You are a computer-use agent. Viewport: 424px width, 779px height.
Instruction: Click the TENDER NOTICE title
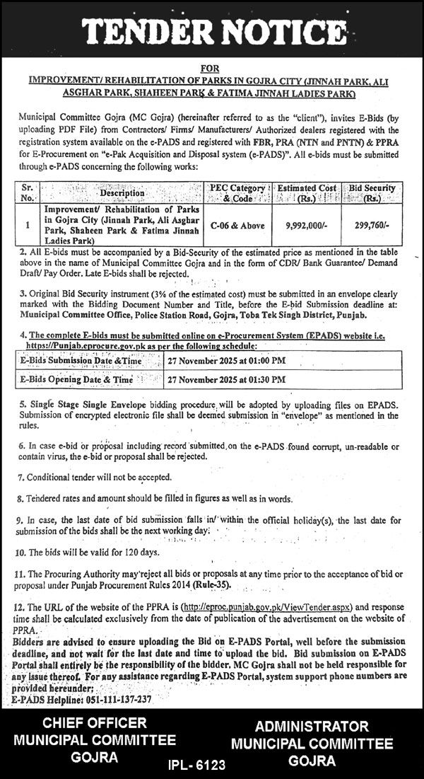211,31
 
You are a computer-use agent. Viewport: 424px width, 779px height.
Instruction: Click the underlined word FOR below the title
211,68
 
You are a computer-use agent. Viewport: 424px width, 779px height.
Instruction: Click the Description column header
122,192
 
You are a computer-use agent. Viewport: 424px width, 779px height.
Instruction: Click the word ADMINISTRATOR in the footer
312,727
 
